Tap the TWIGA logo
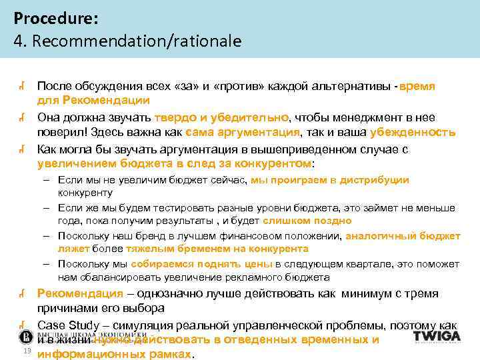pos(437,336)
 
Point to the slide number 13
pos(27,351)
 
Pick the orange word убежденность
pos(412,131)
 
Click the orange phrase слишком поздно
pos(307,221)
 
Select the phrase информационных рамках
pos(113,355)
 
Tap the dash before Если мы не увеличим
pos(49,180)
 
